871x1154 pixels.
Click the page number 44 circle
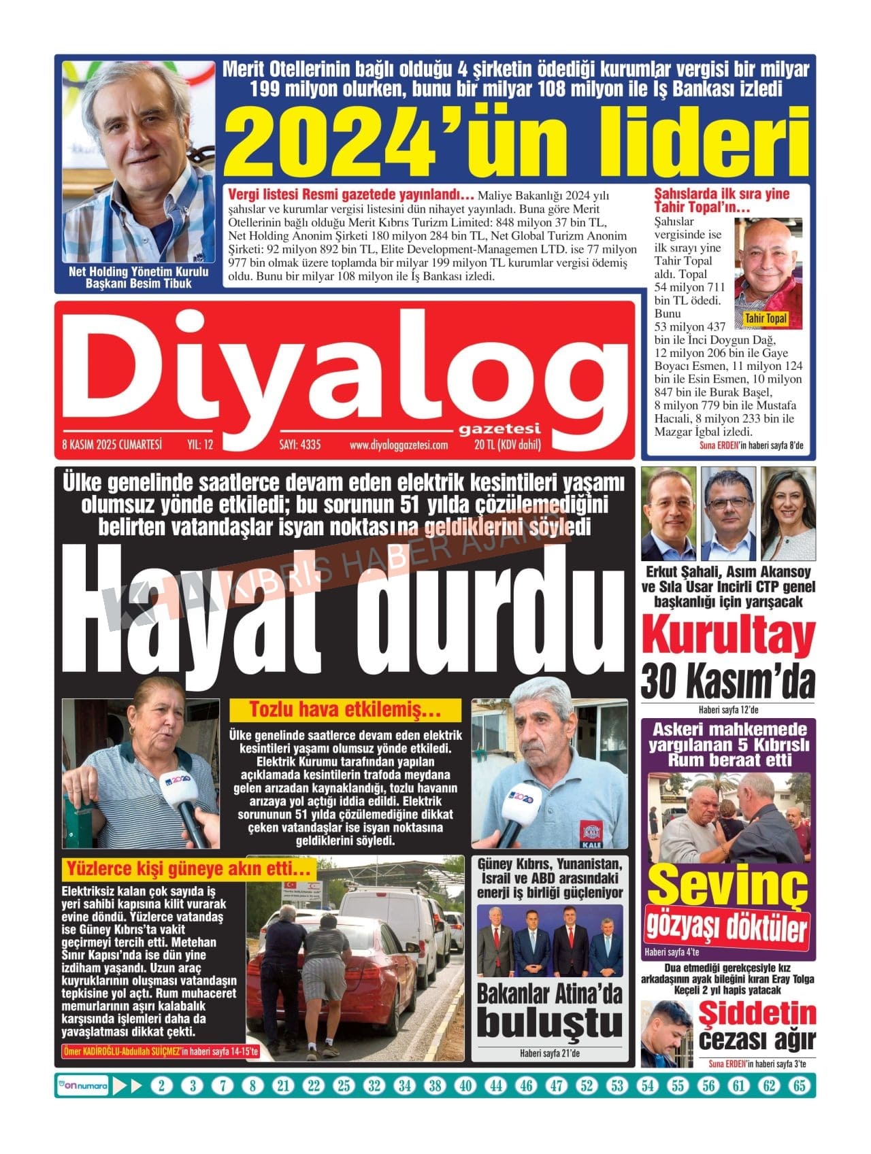pos(495,1085)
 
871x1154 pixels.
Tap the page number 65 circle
pos(799,1085)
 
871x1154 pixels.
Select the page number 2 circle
pos(161,1085)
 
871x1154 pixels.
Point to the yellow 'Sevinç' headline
pos(727,885)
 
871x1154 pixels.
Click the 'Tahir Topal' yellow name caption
pos(766,318)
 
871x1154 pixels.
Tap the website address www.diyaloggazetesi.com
pos(398,445)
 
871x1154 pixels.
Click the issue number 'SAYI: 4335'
pos(299,445)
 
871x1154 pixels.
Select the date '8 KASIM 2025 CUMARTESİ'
pos(112,445)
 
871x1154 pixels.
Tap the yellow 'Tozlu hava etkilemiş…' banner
pos(345,711)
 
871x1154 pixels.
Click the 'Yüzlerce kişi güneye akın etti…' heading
pos(188,869)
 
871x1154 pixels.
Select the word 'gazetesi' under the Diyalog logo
pos(499,428)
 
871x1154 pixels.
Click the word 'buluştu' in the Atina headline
pos(550,1023)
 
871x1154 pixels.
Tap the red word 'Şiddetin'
pos(757,1014)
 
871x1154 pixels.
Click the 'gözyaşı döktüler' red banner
pos(727,926)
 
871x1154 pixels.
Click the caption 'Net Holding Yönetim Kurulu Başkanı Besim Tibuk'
pos(138,277)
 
